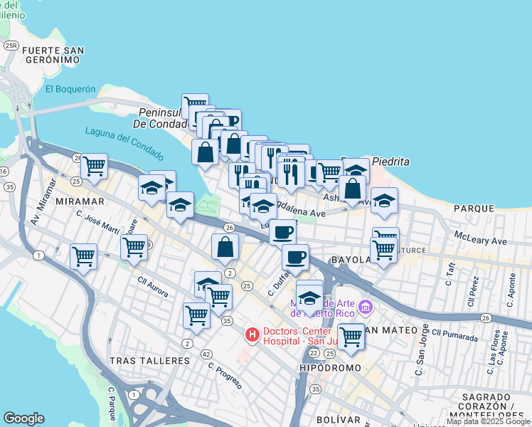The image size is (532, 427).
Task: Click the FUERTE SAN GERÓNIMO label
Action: pos(53,56)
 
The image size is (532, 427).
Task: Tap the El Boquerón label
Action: pos(70,89)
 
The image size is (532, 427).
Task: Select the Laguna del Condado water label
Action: pos(124,142)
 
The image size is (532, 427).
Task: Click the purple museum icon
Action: pos(366,307)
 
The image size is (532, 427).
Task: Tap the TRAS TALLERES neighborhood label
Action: pos(149,361)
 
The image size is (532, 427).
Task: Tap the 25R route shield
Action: pos(11,46)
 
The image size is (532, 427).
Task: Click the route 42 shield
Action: pos(206,354)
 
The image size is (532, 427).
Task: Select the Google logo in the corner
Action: pos(23,418)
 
